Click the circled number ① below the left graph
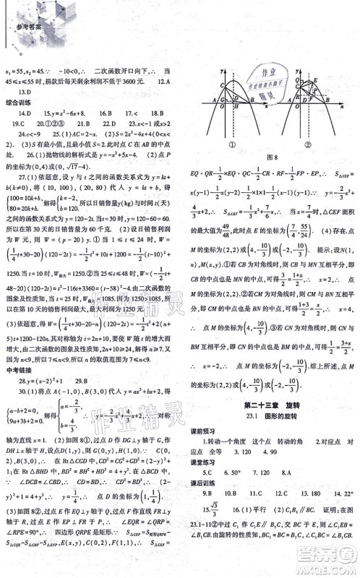pyautogui.click(x=231, y=143)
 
